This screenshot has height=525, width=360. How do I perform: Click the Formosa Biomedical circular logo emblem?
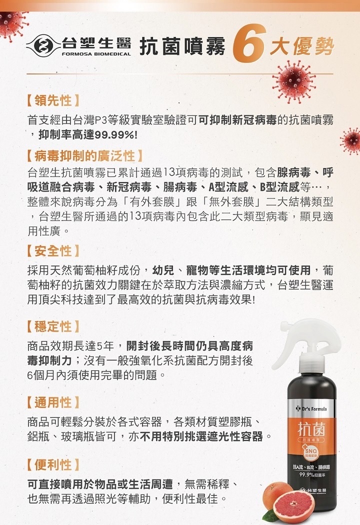pyautogui.click(x=43, y=46)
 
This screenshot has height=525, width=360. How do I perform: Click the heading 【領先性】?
pyautogui.click(x=53, y=100)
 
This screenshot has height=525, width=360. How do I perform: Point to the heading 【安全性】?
pyautogui.click(x=53, y=251)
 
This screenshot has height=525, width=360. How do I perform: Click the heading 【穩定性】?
pyautogui.click(x=53, y=326)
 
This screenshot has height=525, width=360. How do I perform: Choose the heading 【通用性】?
pyautogui.click(x=53, y=402)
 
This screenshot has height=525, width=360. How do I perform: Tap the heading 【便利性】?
pyautogui.click(x=53, y=464)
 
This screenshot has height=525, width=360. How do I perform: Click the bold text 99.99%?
pyautogui.click(x=114, y=135)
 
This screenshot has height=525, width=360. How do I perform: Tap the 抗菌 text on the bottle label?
pyautogui.click(x=311, y=429)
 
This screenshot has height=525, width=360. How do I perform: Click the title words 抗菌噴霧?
pyautogui.click(x=182, y=46)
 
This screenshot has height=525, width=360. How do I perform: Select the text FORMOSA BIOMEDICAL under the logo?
pyautogui.click(x=96, y=54)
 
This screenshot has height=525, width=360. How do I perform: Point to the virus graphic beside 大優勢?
pyautogui.click(x=294, y=82)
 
